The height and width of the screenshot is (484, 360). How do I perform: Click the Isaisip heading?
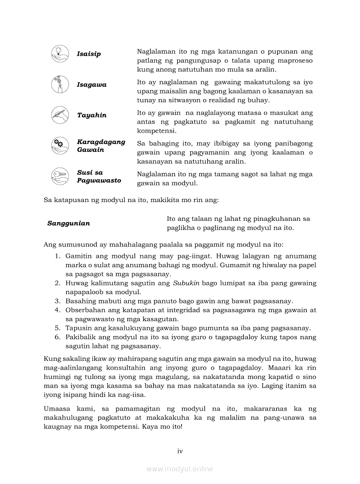pyautogui.click(x=89, y=54)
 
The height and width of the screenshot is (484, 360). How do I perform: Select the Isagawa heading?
pyautogui.click(x=92, y=85)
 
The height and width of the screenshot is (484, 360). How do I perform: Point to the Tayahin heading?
pyautogui.click(x=92, y=115)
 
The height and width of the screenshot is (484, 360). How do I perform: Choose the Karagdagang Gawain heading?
pyautogui.click(x=101, y=146)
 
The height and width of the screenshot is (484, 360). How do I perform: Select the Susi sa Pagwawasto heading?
pyautogui.click(x=99, y=176)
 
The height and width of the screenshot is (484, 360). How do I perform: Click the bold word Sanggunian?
pyautogui.click(x=69, y=223)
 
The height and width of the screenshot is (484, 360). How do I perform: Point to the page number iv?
pyautogui.click(x=180, y=451)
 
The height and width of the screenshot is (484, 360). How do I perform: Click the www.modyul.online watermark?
pyautogui.click(x=180, y=469)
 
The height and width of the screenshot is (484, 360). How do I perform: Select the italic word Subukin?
pyautogui.click(x=186, y=283)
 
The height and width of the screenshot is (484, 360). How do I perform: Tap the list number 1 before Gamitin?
pyautogui.click(x=57, y=256)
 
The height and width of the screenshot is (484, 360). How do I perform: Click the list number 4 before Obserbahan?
pyautogui.click(x=57, y=310)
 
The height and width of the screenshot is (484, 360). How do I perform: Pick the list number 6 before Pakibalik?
pyautogui.click(x=57, y=337)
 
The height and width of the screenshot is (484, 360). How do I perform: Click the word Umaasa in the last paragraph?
pyautogui.click(x=57, y=409)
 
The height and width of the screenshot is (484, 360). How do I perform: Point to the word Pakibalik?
pyautogui.click(x=81, y=337)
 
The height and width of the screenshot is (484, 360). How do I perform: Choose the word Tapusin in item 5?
pyautogui.click(x=79, y=328)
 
